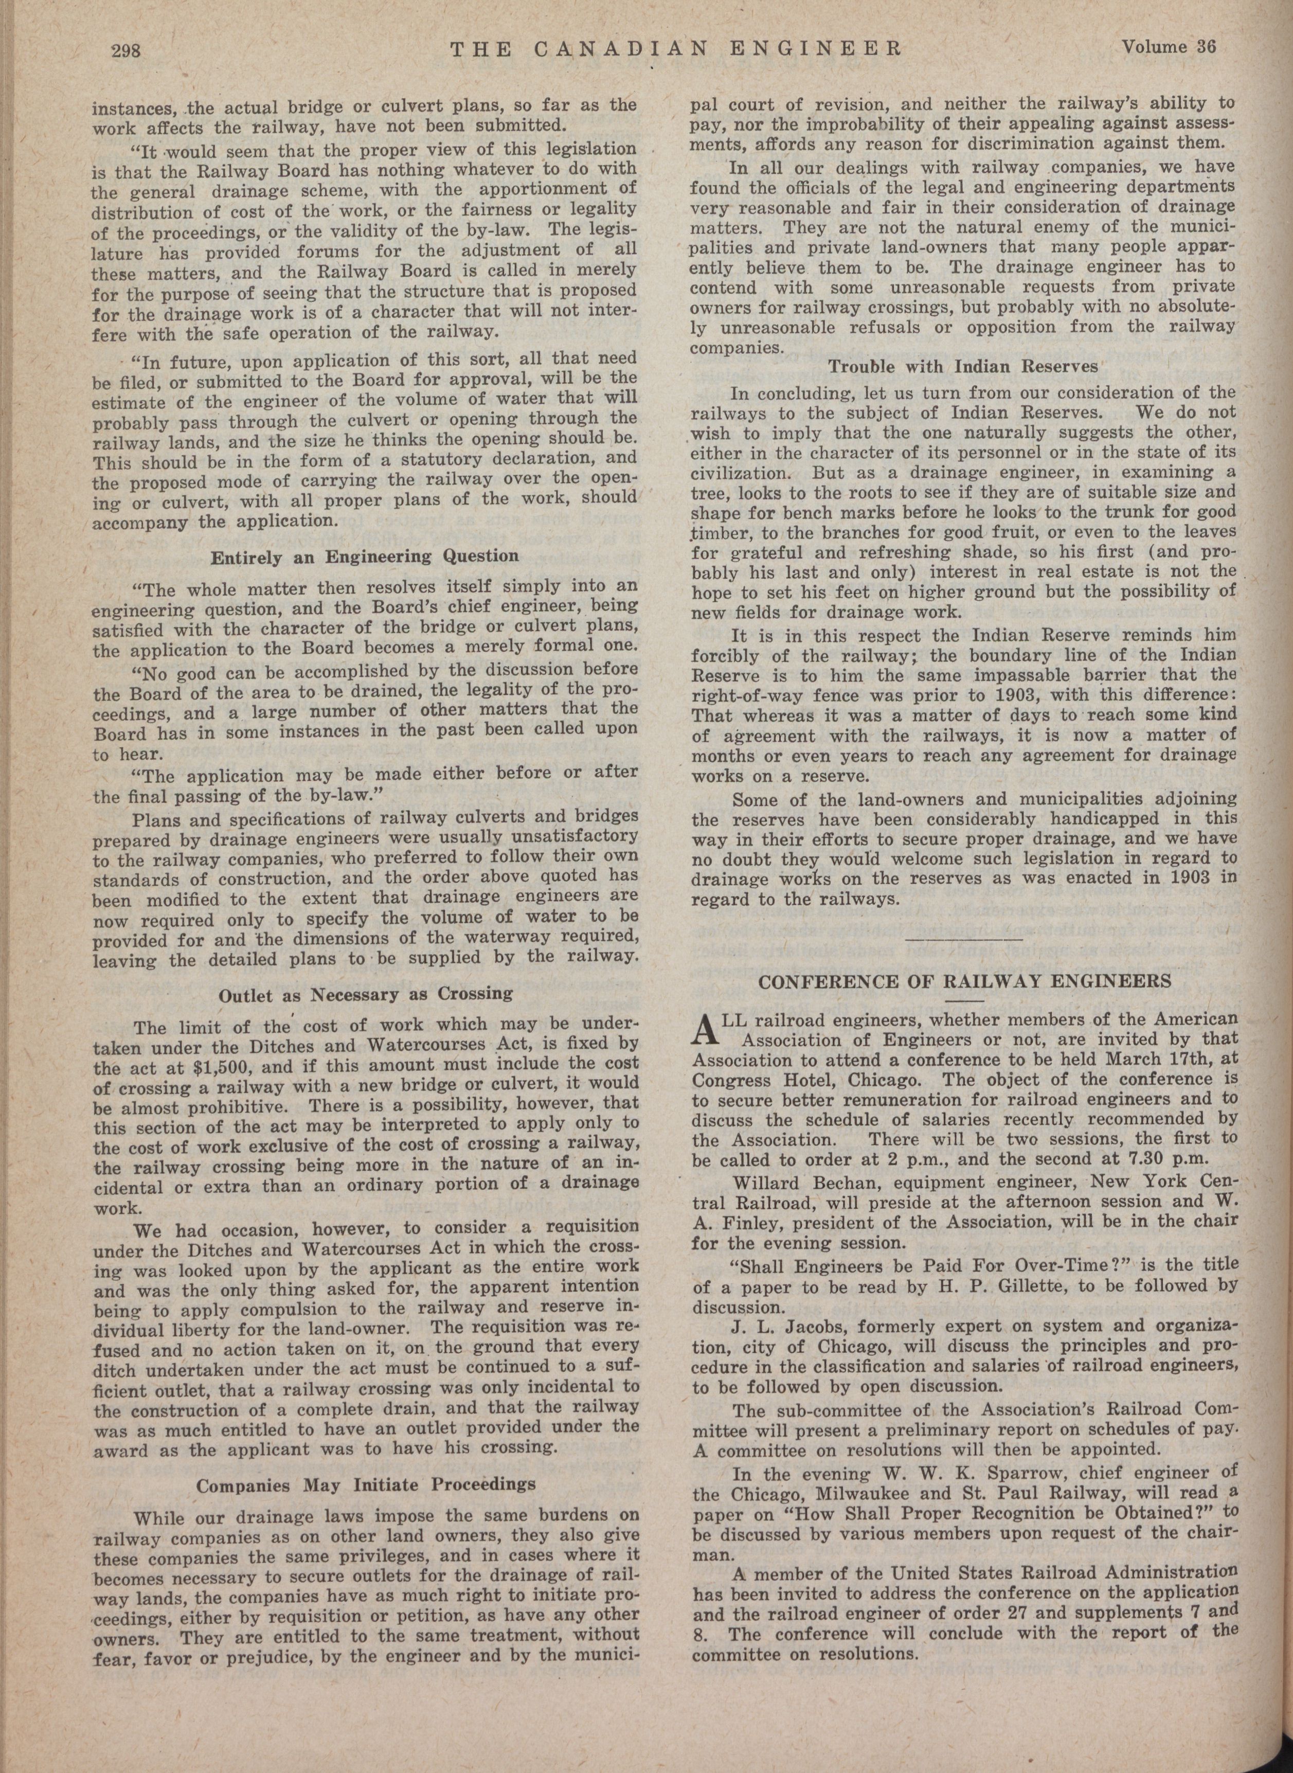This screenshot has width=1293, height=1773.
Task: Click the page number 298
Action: pyautogui.click(x=125, y=52)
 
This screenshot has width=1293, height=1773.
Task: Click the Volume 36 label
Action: pyautogui.click(x=1168, y=47)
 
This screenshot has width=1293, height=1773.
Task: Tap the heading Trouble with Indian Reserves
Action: pyautogui.click(x=963, y=366)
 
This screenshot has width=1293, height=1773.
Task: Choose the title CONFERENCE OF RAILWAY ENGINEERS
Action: pyautogui.click(x=965, y=981)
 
